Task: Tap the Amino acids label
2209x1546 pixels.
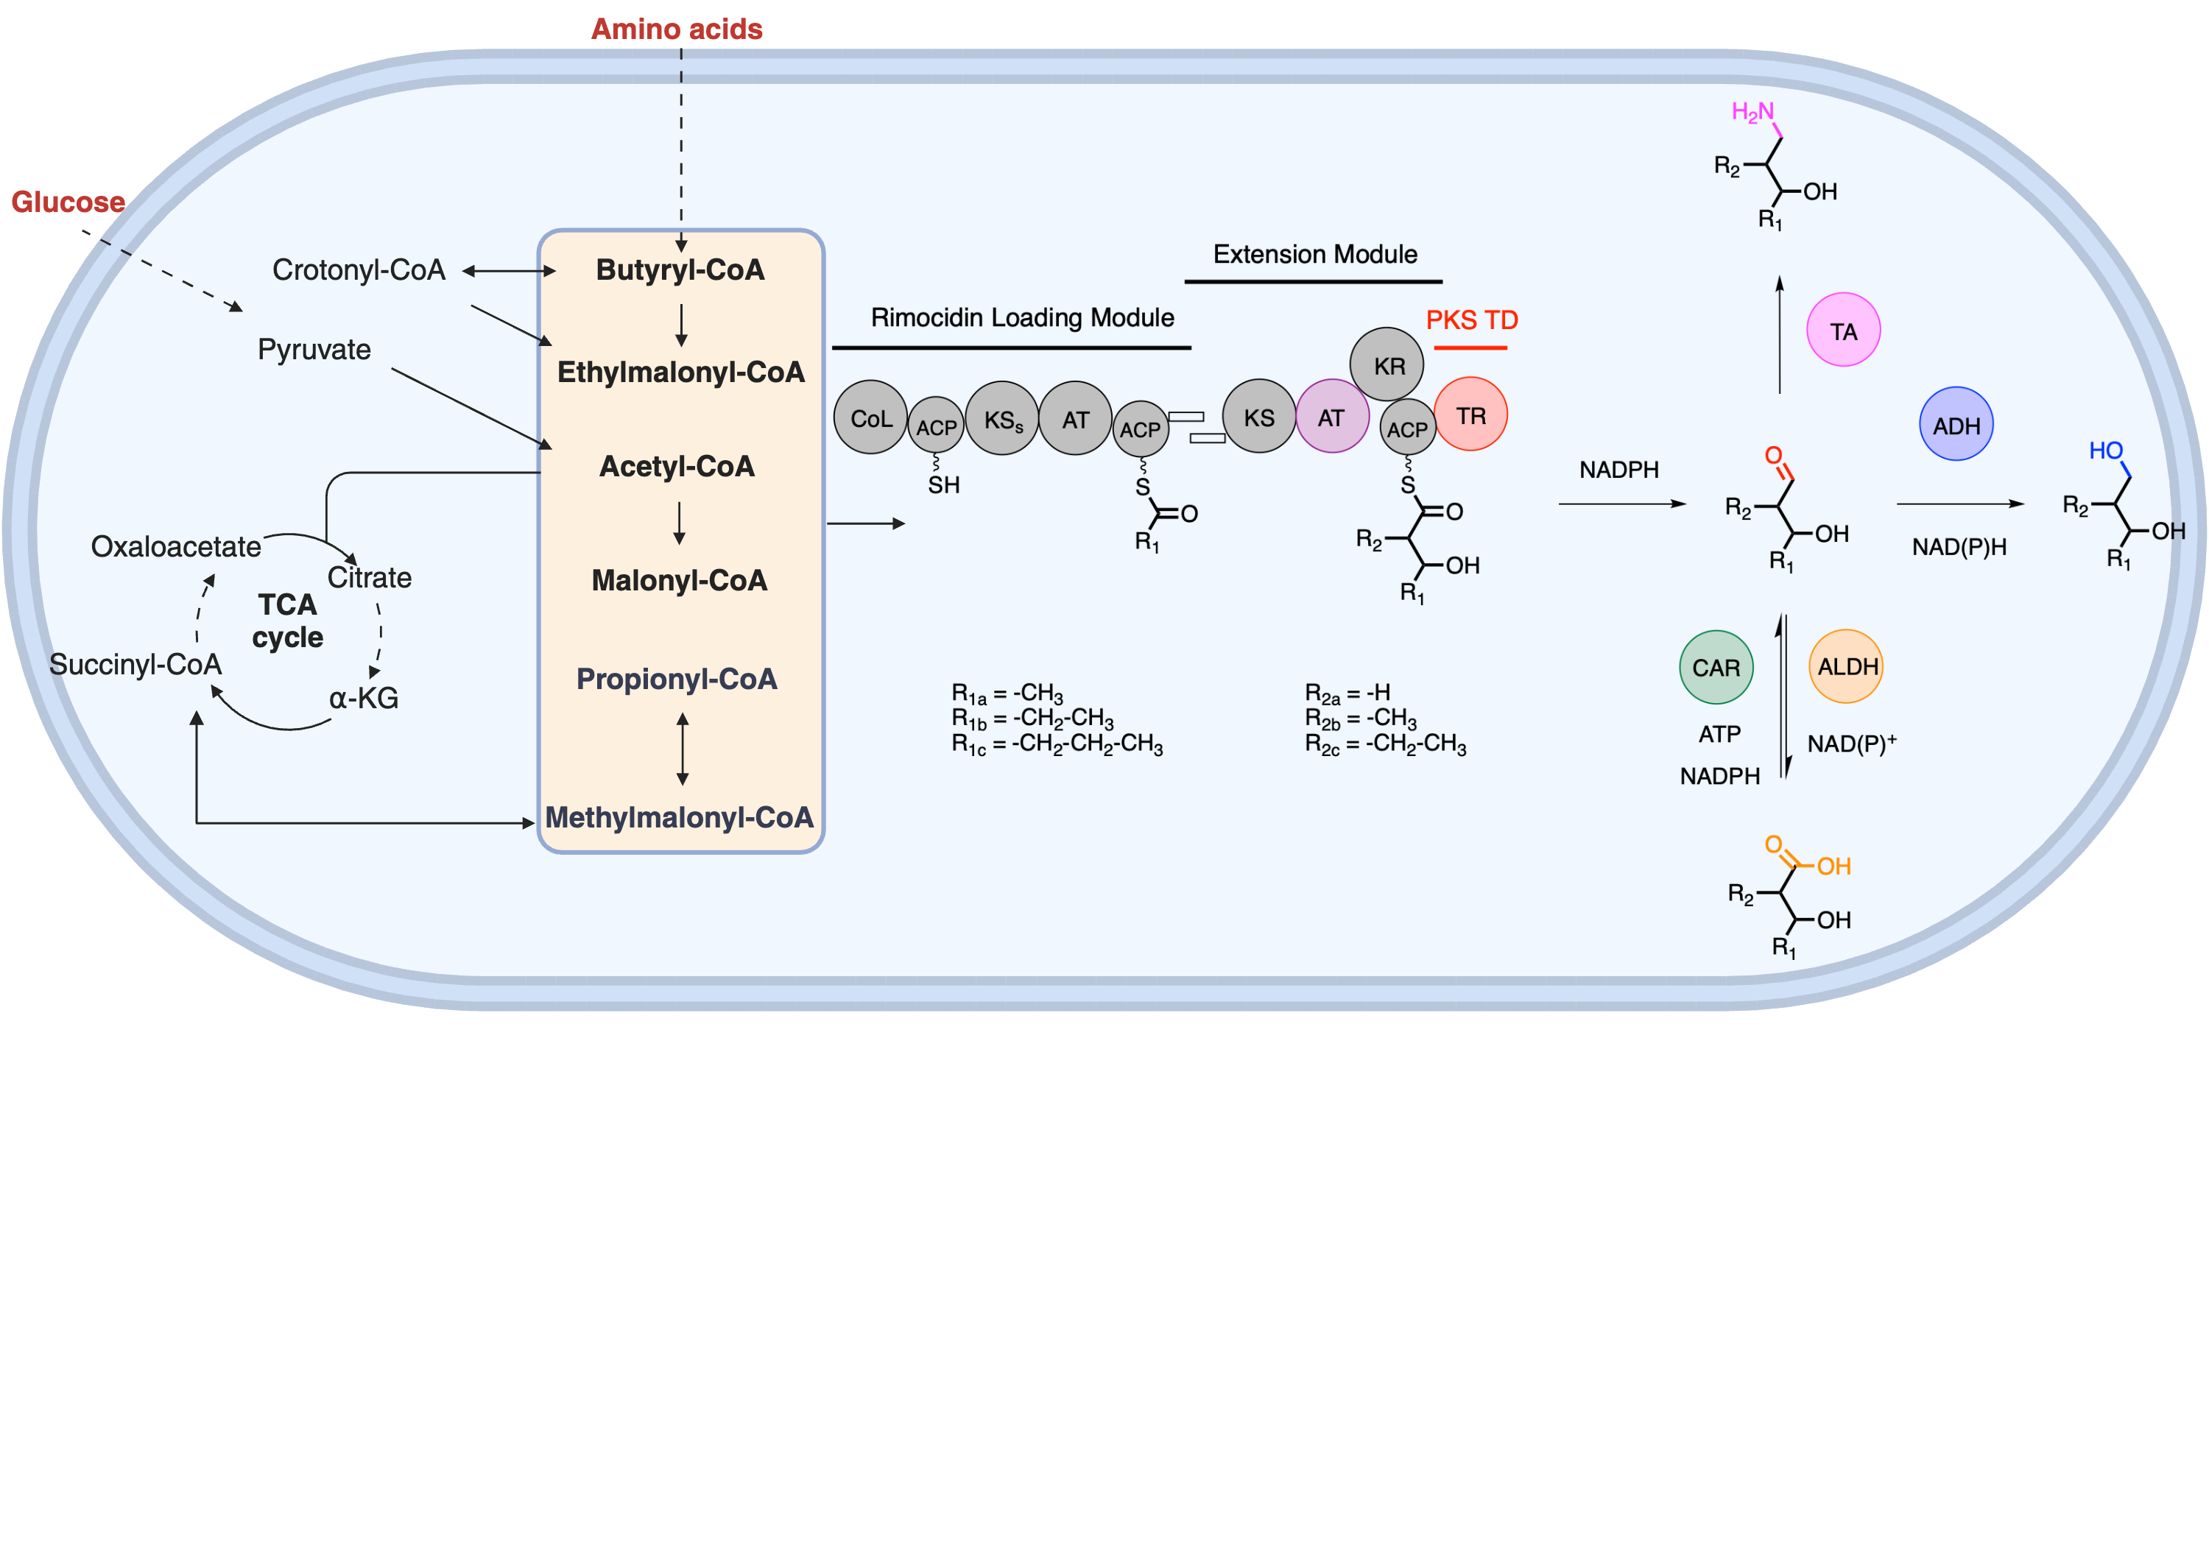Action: coord(677,29)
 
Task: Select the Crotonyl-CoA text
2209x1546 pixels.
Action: coord(359,270)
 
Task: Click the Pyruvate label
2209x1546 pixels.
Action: coord(314,349)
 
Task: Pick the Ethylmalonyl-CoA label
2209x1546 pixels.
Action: coord(680,373)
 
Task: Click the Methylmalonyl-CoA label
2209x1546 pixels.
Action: coord(679,818)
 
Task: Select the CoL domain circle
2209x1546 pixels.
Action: coord(870,417)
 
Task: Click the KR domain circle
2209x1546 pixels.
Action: coord(1387,364)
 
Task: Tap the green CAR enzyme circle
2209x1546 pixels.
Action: coord(1716,668)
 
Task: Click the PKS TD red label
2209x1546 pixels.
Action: coord(1471,320)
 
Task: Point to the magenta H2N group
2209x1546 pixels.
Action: coord(1752,113)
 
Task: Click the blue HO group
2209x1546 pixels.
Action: coord(2105,451)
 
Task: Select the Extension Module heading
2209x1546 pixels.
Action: coord(1314,255)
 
